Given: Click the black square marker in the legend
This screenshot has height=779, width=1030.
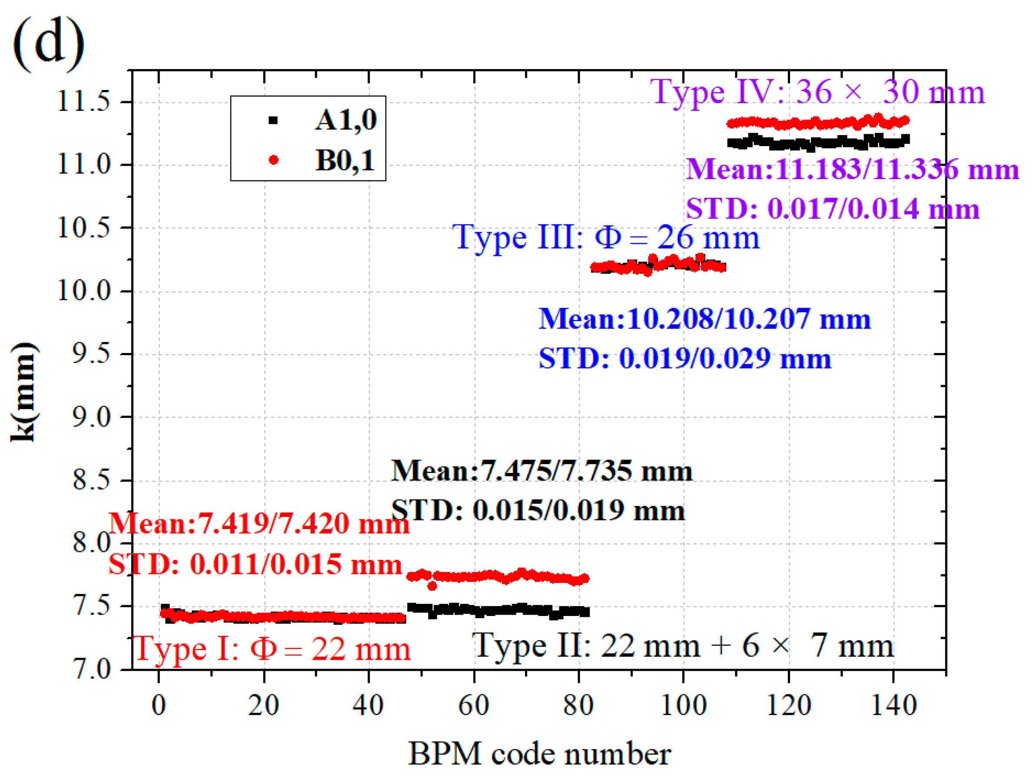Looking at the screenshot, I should click(x=273, y=120).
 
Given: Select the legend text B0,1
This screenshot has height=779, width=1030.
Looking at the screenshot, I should click(x=345, y=161).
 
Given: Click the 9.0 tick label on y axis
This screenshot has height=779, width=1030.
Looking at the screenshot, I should click(x=91, y=417).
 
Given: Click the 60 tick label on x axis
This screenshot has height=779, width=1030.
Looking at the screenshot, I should click(x=474, y=705).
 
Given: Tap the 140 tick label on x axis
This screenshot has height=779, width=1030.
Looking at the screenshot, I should click(x=894, y=705).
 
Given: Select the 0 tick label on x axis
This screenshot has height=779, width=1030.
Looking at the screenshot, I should click(x=159, y=705).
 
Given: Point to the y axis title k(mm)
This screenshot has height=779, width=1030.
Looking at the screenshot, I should click(x=23, y=392).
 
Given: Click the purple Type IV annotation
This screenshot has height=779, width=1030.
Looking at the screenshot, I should click(x=817, y=92).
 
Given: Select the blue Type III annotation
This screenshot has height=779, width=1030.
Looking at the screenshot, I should click(x=606, y=237).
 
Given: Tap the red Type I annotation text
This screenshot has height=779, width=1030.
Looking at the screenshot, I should click(x=272, y=649).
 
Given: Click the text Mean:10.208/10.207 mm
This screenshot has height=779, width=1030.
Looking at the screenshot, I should click(x=704, y=320).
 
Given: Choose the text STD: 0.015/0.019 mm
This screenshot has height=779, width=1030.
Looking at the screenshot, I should click(x=538, y=510).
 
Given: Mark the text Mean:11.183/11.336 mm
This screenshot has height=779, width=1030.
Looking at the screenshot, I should click(x=852, y=169).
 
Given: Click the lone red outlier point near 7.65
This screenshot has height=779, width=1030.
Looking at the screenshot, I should click(x=432, y=586).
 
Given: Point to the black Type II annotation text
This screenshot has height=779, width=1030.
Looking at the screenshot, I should click(x=683, y=646).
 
